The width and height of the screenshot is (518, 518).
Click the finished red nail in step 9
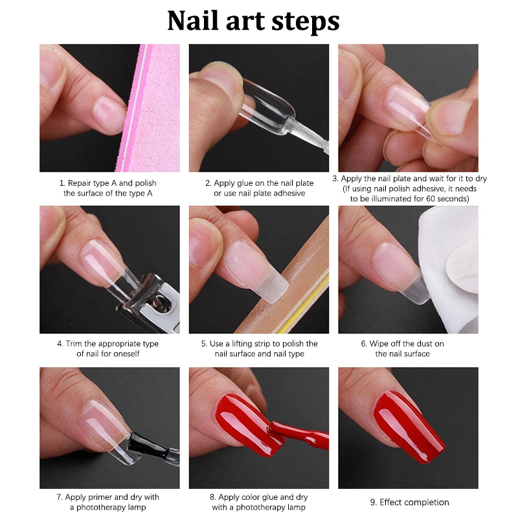[408, 421]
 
